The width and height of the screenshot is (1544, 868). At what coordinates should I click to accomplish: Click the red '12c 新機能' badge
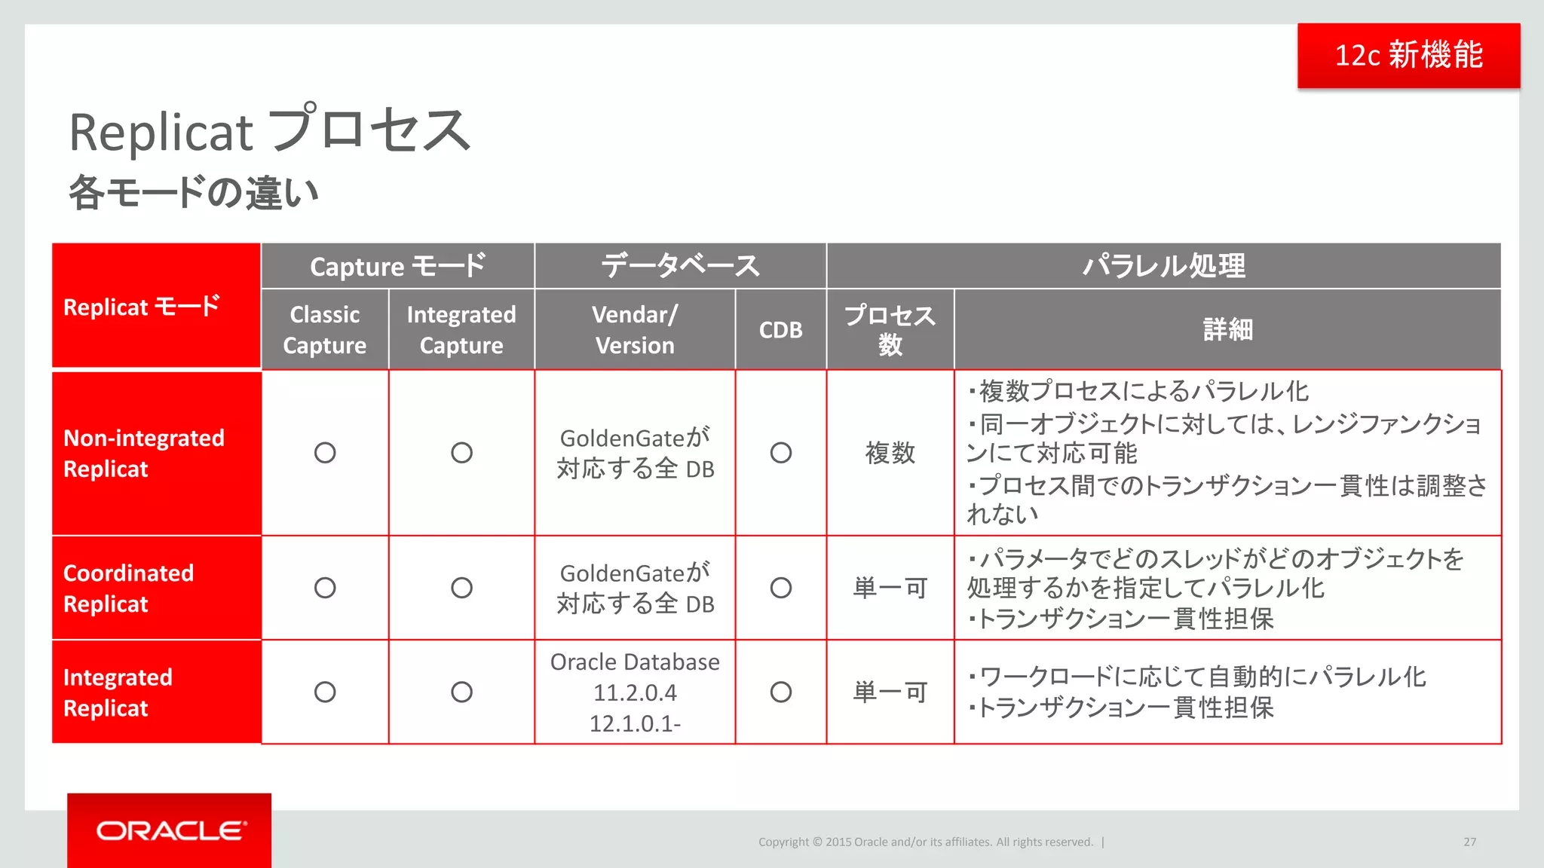(1408, 55)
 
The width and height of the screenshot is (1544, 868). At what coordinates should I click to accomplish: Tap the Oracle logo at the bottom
(171, 830)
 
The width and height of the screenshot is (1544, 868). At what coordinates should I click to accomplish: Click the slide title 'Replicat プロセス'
(270, 131)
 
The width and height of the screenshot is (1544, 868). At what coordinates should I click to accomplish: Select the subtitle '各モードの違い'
(194, 193)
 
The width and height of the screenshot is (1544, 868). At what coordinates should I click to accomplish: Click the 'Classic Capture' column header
(325, 329)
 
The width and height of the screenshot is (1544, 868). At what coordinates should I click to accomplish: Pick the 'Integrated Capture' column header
(461, 329)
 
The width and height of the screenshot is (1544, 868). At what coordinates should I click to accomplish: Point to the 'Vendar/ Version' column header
(635, 329)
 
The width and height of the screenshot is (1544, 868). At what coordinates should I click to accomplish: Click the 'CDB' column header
(780, 330)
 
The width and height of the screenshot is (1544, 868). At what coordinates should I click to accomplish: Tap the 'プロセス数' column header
(890, 329)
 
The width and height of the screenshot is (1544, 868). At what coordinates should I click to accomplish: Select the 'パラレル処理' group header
(1163, 266)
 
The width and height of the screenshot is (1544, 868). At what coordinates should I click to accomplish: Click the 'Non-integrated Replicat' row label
(144, 453)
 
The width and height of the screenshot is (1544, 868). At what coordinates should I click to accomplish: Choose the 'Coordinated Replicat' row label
(129, 588)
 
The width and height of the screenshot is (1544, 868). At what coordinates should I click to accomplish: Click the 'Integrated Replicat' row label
(118, 692)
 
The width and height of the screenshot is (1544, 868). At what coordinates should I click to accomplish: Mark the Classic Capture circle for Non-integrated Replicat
(325, 453)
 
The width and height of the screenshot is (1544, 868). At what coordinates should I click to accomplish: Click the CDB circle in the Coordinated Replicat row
(780, 588)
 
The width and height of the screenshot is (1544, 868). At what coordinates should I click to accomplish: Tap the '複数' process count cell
(890, 453)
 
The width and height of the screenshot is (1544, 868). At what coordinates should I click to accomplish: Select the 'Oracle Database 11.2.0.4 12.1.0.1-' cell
(635, 692)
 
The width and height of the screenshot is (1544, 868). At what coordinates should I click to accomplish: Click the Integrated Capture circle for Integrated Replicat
(461, 692)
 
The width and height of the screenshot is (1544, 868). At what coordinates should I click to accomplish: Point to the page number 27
(1469, 842)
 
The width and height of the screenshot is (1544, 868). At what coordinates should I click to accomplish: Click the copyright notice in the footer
(925, 842)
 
